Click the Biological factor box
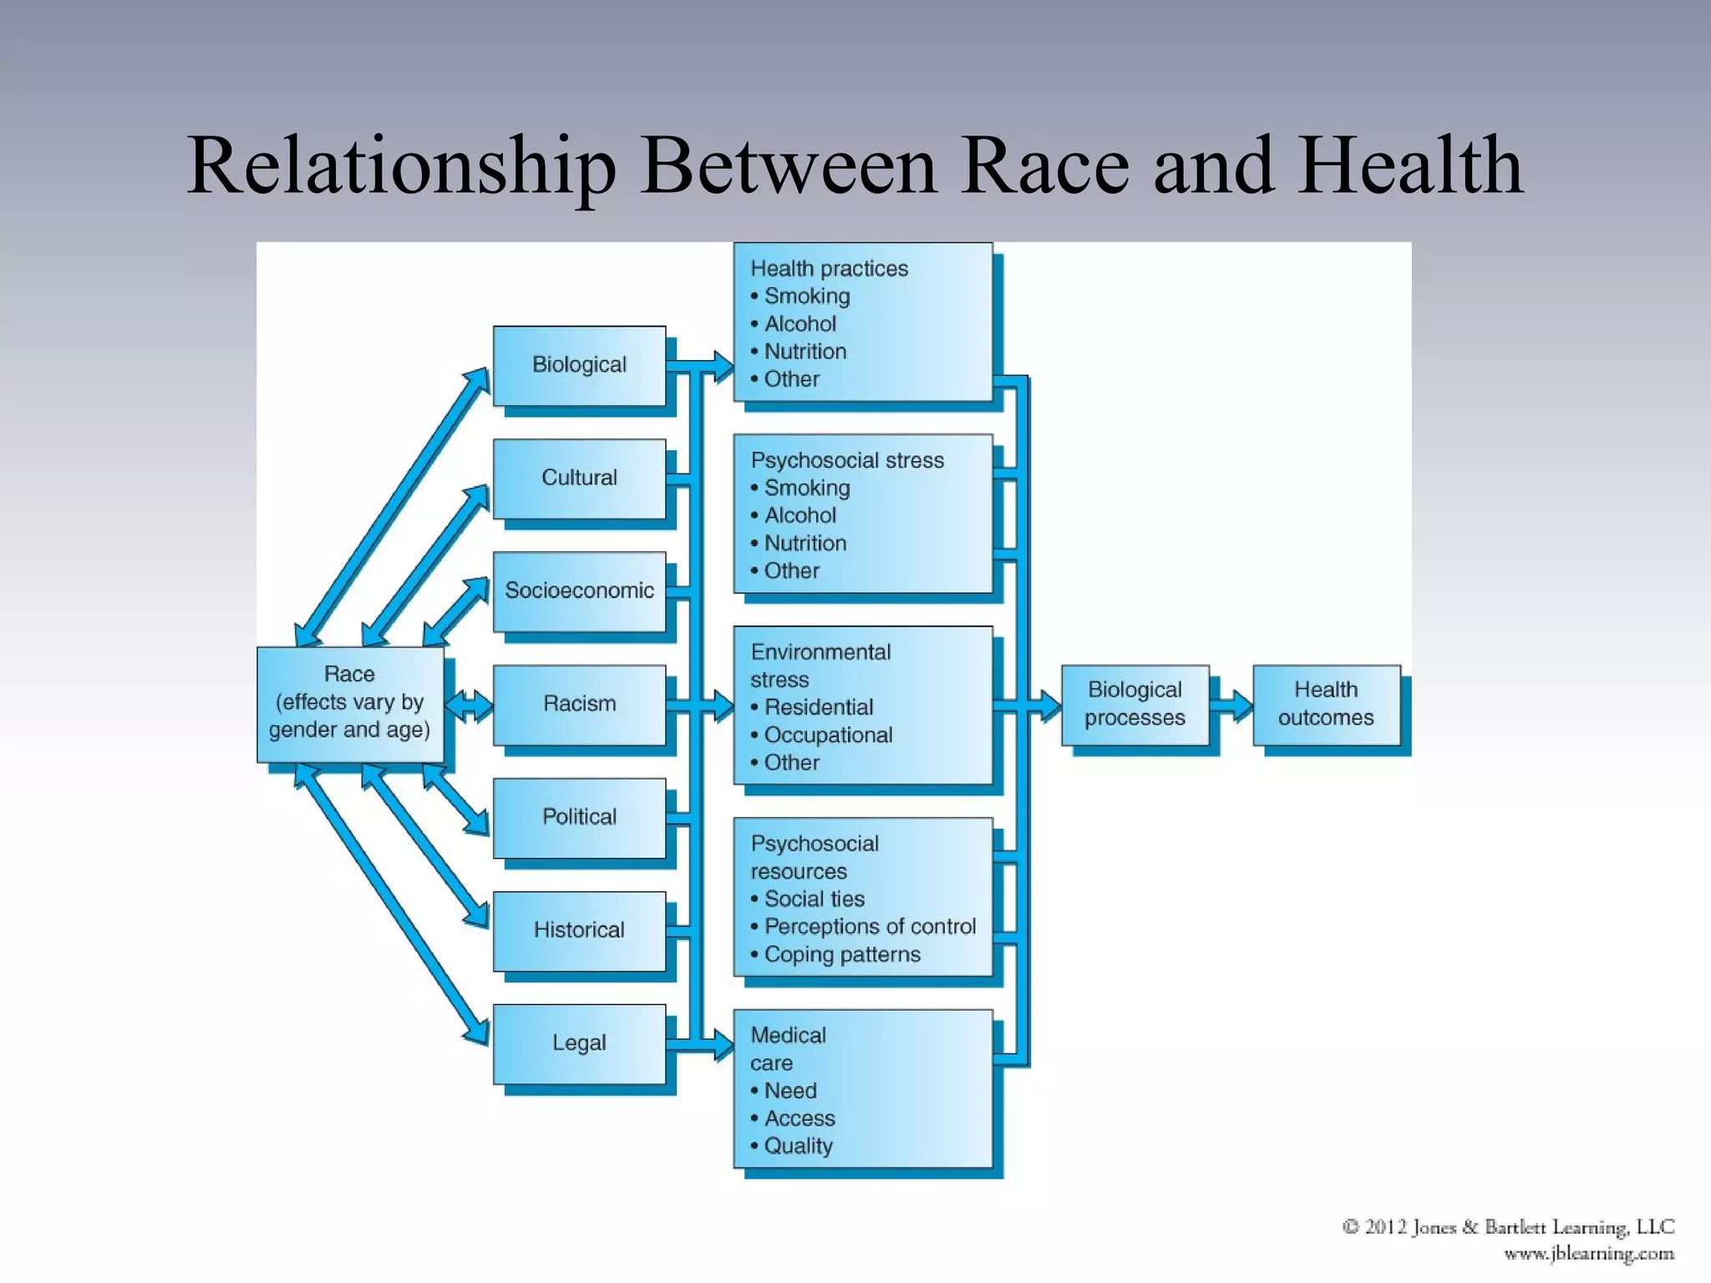click(x=579, y=365)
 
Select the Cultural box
click(x=579, y=478)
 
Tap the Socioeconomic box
click(x=579, y=591)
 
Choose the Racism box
click(x=579, y=704)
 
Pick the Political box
click(x=579, y=817)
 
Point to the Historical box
click(x=579, y=930)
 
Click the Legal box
click(x=579, y=1043)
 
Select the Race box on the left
click(x=349, y=702)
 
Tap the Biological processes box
click(x=1135, y=704)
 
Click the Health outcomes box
click(x=1326, y=704)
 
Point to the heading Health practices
click(x=829, y=269)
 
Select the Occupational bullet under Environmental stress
click(x=827, y=735)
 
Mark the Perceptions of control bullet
click(x=869, y=927)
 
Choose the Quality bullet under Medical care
click(x=798, y=1146)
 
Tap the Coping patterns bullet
click(x=841, y=955)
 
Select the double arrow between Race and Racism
click(x=470, y=706)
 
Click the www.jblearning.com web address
click(x=1589, y=1254)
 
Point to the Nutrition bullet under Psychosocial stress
click(x=805, y=544)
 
